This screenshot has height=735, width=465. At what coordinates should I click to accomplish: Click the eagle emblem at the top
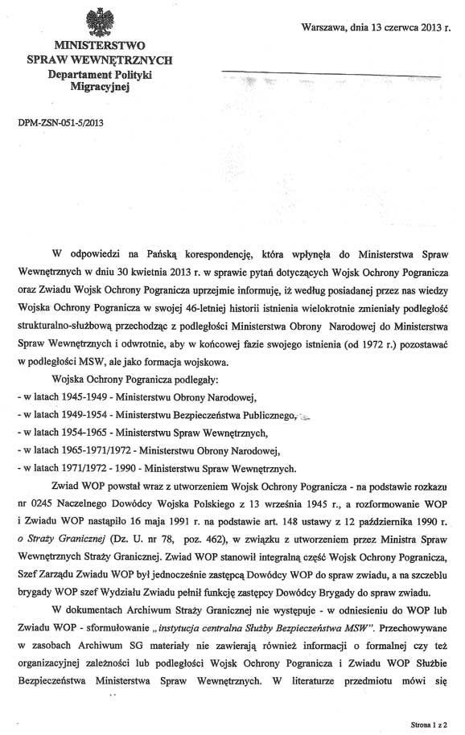[96, 19]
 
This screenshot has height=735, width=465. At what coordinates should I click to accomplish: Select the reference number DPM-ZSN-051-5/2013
[60, 124]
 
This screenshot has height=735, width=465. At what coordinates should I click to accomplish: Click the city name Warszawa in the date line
[324, 27]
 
